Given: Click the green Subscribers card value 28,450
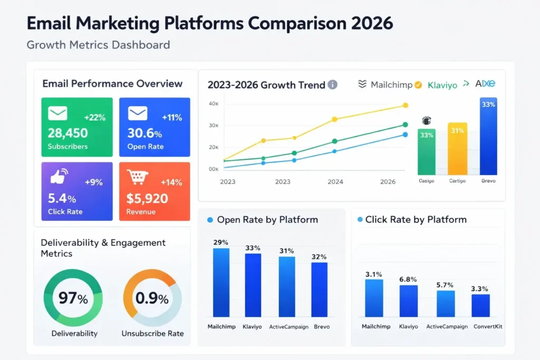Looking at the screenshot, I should click(67, 133).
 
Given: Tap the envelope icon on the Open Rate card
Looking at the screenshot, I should click(137, 113).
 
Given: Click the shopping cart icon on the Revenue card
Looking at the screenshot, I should click(138, 178).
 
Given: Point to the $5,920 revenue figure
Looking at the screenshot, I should click(147, 198).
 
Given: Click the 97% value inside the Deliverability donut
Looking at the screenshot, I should click(73, 299).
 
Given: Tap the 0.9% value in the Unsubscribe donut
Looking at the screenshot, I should click(152, 299).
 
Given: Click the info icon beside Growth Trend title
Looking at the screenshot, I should click(332, 84).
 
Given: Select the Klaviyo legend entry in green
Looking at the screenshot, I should click(442, 84).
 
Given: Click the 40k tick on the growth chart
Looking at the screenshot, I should click(214, 104).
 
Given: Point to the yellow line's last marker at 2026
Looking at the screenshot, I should click(405, 105).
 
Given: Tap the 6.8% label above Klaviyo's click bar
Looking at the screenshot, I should click(408, 279).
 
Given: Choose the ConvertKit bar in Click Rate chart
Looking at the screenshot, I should click(480, 305).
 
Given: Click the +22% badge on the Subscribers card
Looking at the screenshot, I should click(95, 118).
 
